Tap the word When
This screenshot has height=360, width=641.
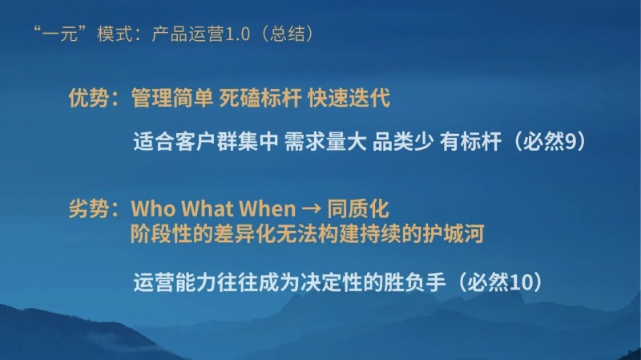click(x=264, y=210)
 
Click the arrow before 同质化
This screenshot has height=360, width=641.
click(x=309, y=211)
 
